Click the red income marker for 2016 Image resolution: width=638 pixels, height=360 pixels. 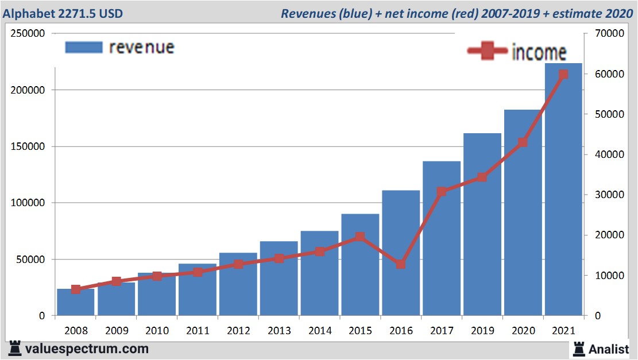[x=401, y=265]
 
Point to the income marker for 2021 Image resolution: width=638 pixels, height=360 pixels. [x=563, y=74]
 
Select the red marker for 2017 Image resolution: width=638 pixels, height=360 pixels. [x=442, y=192]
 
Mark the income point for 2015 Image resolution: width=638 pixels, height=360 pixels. [x=360, y=237]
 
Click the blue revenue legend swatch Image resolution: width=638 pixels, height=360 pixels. [x=83, y=47]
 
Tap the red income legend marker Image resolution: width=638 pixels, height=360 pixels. [x=487, y=52]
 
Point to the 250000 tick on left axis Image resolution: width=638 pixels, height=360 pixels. [x=28, y=34]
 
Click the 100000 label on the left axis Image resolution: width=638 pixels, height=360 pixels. [x=28, y=203]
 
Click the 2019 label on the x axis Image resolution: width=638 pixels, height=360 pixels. [x=482, y=331]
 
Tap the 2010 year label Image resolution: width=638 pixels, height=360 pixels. [x=157, y=331]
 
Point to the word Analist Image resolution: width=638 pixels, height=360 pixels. [x=609, y=349]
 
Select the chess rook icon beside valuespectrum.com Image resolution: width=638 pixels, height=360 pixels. [x=15, y=348]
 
